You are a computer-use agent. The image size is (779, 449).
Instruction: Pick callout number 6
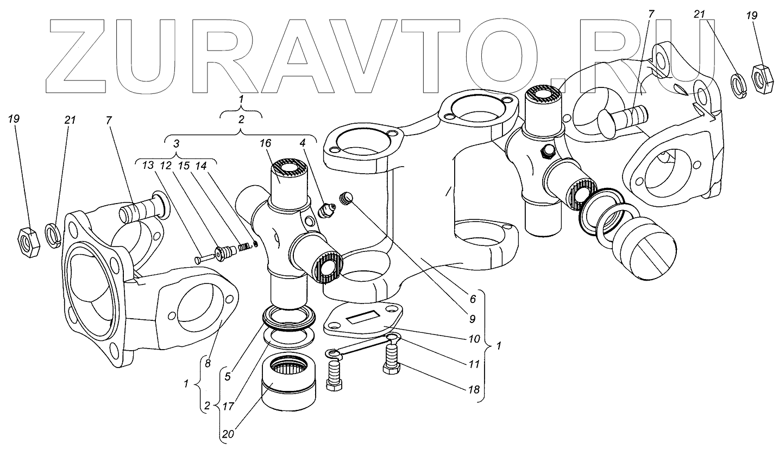(472, 299)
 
